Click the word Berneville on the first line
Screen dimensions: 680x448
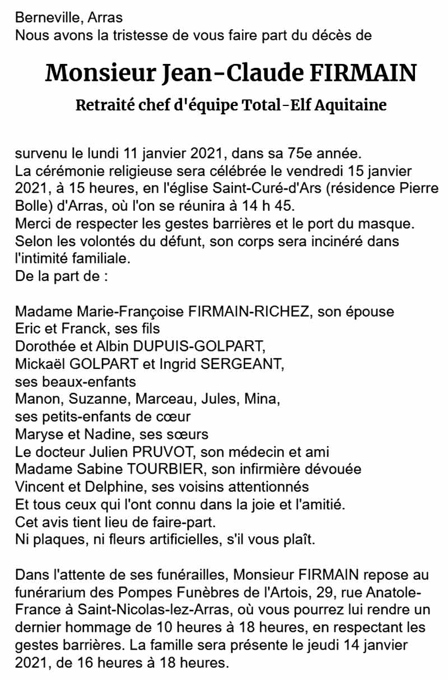pyautogui.click(x=47, y=19)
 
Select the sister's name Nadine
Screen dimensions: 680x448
pyautogui.click(x=105, y=434)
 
